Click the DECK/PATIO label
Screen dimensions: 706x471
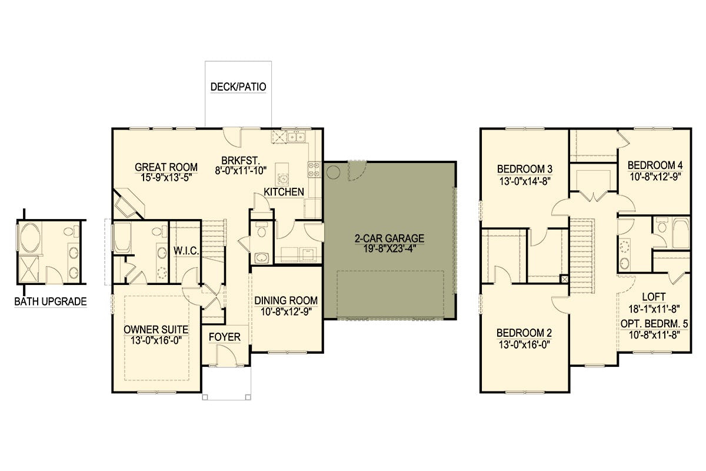pos(238,87)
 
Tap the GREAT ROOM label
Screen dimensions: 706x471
pos(166,167)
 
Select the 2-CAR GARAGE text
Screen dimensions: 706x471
pos(389,238)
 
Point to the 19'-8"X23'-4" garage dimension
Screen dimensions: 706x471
pos(389,248)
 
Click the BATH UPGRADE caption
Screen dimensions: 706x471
pos(51,301)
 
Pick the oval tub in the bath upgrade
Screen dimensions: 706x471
pos(30,237)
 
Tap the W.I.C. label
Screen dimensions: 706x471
pos(187,251)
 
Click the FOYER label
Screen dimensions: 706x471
pos(224,337)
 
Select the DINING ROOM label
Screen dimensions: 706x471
pos(286,300)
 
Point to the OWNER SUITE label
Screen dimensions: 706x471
pos(156,330)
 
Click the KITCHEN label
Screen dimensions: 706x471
pos(284,192)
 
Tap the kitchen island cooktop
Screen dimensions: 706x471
pos(283,178)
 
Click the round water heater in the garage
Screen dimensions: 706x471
pos(333,173)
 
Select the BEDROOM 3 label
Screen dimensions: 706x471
pos(524,169)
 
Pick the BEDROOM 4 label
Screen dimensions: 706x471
pos(655,165)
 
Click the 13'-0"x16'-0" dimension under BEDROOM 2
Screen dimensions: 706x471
pos(524,345)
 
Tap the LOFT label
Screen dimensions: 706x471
pos(654,297)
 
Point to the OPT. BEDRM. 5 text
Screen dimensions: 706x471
pos(654,324)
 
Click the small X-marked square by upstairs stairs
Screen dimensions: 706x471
pos(564,279)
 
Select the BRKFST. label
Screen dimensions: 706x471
pos(240,160)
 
